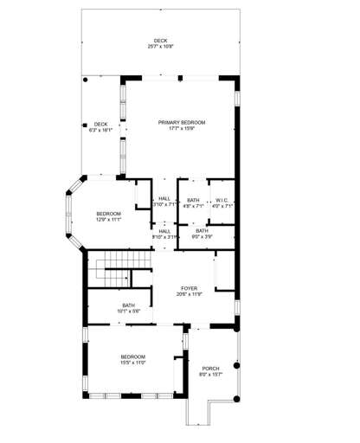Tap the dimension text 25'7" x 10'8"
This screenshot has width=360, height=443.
[161, 46]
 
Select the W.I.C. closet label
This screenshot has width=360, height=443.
[222, 200]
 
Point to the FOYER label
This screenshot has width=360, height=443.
[189, 288]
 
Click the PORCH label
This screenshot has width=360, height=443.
[209, 369]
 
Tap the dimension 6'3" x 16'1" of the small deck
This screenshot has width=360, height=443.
[101, 131]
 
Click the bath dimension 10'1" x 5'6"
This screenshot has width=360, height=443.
[128, 311]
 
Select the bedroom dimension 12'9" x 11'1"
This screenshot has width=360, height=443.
[108, 220]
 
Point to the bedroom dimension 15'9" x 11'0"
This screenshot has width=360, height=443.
[132, 363]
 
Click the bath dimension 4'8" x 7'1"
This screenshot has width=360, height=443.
[194, 206]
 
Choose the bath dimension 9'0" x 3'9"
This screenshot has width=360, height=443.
[202, 236]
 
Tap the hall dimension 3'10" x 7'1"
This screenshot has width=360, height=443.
[164, 206]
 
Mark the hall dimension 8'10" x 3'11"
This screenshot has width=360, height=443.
[164, 237]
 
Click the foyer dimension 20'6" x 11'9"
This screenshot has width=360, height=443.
[189, 295]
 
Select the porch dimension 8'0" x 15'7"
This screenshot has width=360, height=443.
[209, 376]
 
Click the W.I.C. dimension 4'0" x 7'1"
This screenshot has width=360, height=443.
[222, 206]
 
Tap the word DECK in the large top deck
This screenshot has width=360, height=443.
[161, 40]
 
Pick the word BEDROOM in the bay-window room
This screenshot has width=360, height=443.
[108, 213]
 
